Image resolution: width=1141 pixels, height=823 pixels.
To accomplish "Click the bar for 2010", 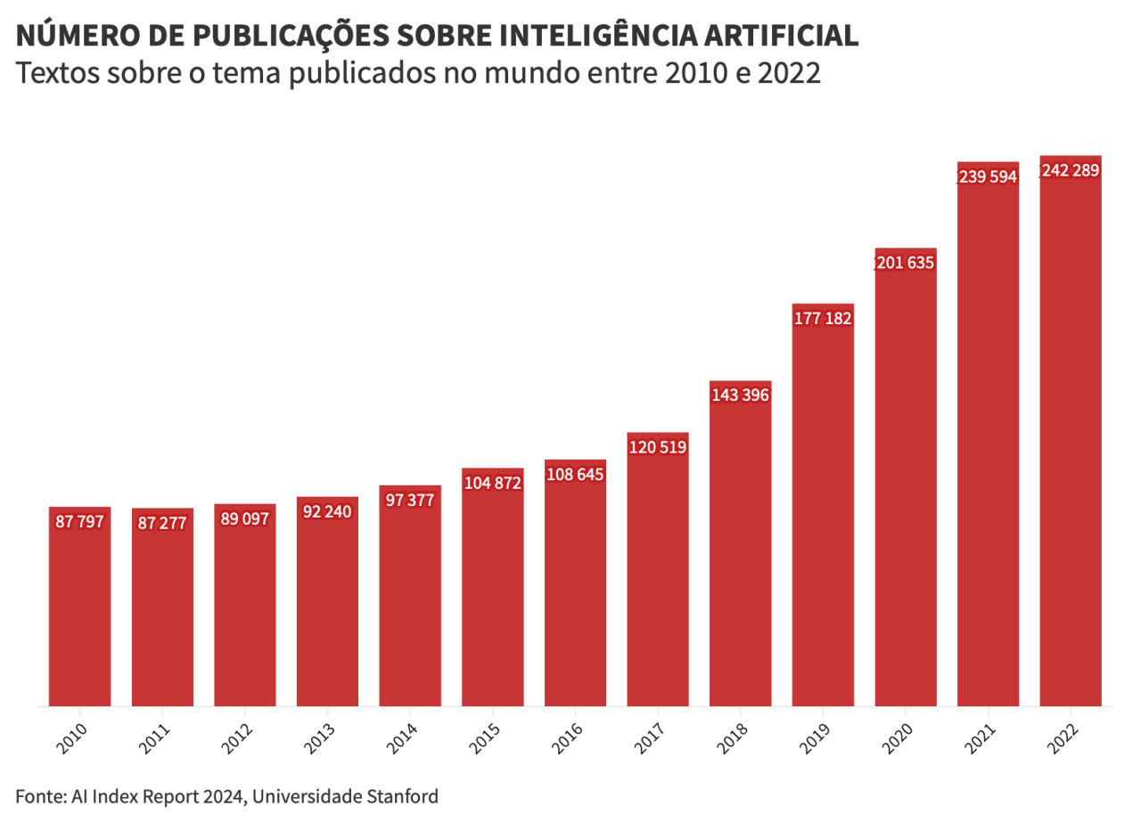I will point(79,606).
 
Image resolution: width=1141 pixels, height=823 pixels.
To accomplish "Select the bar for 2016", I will point(575,588).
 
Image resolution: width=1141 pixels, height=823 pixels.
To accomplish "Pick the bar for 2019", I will point(823,508).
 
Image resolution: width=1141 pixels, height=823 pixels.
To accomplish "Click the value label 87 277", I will point(162,523).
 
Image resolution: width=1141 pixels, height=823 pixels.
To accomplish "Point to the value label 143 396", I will point(740,395).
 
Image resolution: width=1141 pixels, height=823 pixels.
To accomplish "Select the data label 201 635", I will point(907,263).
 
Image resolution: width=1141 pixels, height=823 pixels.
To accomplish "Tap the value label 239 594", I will point(988,176).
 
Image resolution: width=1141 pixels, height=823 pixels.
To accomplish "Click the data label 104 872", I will point(492,483).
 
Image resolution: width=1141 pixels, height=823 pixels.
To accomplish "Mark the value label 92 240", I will point(327,511).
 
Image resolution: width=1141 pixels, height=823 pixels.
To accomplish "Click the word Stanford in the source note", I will point(403,795).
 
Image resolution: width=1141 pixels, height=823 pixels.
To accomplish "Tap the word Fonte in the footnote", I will point(38,795).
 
